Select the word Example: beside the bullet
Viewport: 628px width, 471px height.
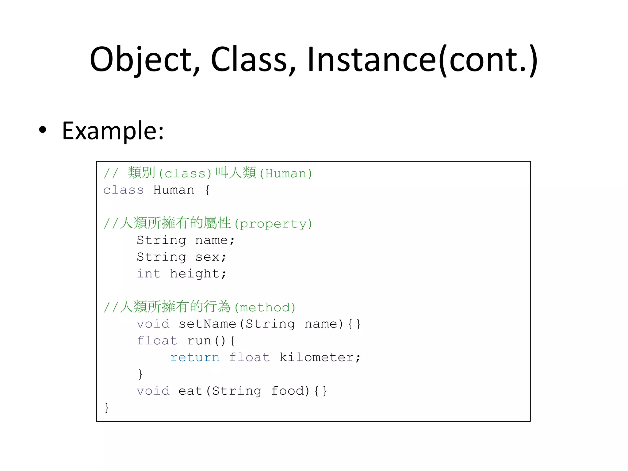pyautogui.click(x=113, y=131)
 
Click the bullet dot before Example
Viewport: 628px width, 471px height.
pyautogui.click(x=43, y=130)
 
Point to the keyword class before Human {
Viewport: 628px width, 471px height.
pyautogui.click(x=123, y=190)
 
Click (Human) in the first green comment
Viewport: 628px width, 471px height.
pyautogui.click(x=285, y=174)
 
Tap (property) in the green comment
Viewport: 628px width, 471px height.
pyautogui.click(x=273, y=224)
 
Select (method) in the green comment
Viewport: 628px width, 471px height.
pyautogui.click(x=265, y=308)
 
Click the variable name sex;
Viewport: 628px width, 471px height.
pyautogui.click(x=211, y=257)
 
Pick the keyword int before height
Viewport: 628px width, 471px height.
pyautogui.click(x=149, y=274)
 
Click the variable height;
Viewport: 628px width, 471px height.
pyautogui.click(x=198, y=274)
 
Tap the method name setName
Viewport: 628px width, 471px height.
pyautogui.click(x=207, y=324)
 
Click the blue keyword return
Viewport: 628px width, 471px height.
pyautogui.click(x=195, y=358)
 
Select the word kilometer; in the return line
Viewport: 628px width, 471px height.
pyautogui.click(x=320, y=358)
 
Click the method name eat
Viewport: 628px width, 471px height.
pyautogui.click(x=190, y=391)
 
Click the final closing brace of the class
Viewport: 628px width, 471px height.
pyautogui.click(x=107, y=408)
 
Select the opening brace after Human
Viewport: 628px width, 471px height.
pyautogui.click(x=207, y=190)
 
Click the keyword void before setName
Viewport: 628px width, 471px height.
pyautogui.click(x=153, y=324)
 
